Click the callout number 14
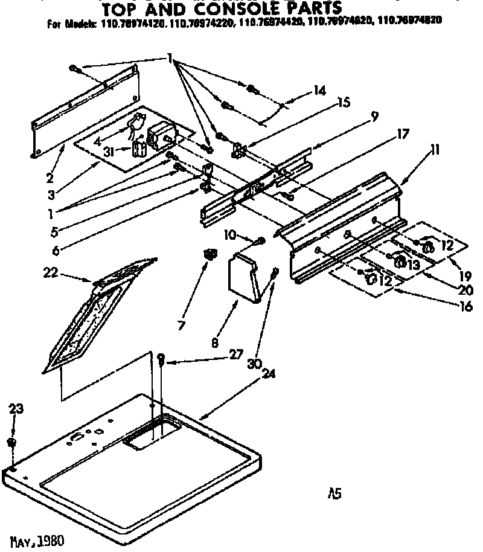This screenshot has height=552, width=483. pyautogui.click(x=319, y=91)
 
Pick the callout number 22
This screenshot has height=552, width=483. pyautogui.click(x=51, y=273)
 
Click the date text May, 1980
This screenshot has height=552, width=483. pyautogui.click(x=37, y=539)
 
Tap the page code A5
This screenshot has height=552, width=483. pyautogui.click(x=334, y=494)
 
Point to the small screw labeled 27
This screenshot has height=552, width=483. pyautogui.click(x=161, y=360)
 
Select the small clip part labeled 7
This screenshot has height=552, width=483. pyautogui.click(x=210, y=255)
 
